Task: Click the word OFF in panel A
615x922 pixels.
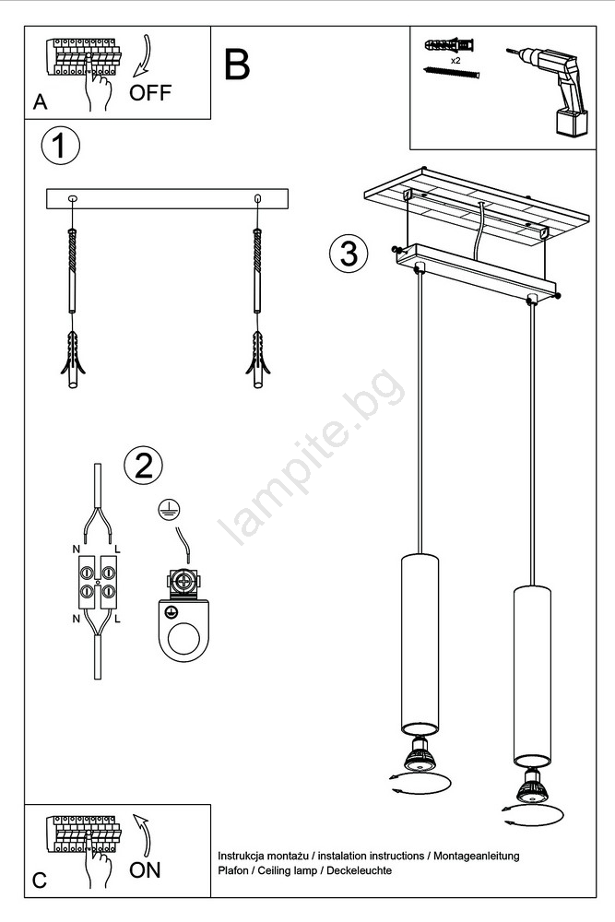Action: point(150,93)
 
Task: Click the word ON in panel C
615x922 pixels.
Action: point(145,870)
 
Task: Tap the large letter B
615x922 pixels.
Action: point(237,65)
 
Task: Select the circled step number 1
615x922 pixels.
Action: point(60,146)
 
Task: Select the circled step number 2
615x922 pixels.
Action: point(144,465)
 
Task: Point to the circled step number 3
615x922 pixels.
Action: point(349,254)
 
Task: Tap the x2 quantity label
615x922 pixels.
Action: point(455,61)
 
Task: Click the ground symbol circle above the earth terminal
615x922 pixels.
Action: point(169,510)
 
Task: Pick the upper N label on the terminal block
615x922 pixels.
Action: point(76,550)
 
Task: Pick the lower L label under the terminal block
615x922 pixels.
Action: point(118,619)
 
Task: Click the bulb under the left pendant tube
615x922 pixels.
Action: point(420,755)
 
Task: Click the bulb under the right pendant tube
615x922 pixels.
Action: point(532,786)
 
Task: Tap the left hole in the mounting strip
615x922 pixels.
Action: point(72,198)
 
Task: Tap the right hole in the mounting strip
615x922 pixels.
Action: point(257,198)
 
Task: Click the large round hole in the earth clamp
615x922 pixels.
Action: point(183,639)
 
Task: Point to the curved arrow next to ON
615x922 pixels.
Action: point(142,834)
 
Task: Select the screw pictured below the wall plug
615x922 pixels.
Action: point(452,72)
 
